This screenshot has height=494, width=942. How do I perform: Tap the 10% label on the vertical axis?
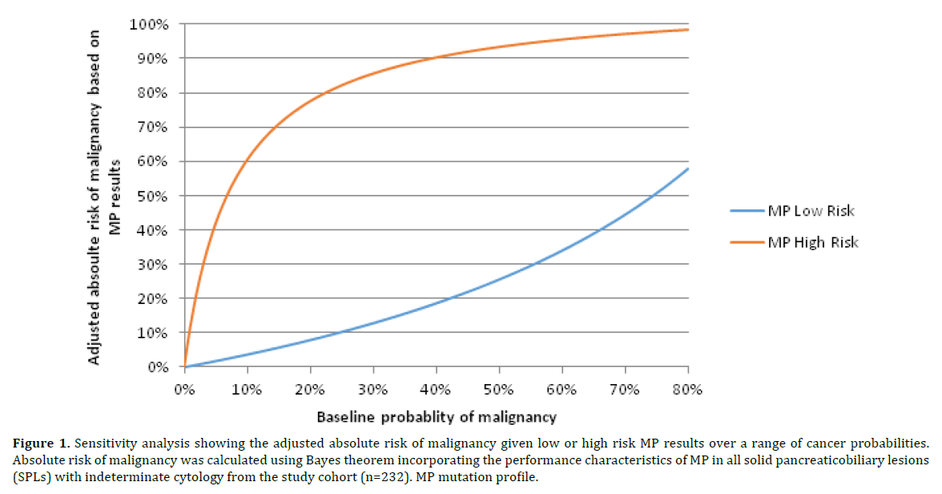point(155,334)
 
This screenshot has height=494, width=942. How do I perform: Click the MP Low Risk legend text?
point(811,212)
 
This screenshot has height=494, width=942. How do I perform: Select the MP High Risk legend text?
point(812,241)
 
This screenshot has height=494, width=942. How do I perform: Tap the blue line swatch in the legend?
point(747,212)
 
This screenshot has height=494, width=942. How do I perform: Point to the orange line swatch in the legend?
point(747,241)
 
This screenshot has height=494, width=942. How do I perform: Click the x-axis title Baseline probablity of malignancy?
point(436,418)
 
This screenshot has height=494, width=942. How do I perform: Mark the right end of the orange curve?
point(687,30)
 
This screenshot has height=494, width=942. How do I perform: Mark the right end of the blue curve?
point(687,168)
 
